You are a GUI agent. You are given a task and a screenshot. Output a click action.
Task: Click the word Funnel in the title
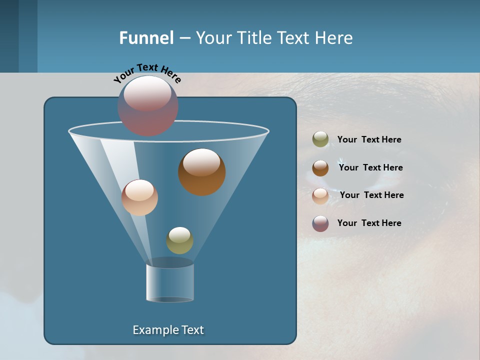tap(146, 38)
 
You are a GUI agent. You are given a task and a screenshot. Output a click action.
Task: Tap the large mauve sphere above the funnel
tap(148, 106)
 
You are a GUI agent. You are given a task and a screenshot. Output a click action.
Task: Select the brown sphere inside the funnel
tap(202, 172)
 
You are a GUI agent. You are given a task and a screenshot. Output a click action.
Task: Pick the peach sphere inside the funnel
tap(139, 197)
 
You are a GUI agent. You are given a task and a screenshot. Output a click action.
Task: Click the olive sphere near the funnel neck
tap(179, 240)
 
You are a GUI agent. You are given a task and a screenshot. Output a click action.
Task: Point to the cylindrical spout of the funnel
tap(170, 282)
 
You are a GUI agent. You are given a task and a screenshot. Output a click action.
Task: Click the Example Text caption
tap(168, 330)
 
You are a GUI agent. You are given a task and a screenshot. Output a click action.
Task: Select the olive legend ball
tap(320, 139)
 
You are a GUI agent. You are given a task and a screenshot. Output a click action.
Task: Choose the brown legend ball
tap(320, 168)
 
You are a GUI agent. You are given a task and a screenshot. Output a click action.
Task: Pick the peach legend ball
tap(320, 196)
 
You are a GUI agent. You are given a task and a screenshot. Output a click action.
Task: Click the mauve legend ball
tap(320, 223)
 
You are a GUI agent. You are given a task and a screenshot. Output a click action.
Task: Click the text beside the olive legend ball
tap(369, 140)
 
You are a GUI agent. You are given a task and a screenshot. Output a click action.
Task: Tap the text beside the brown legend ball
tap(370, 168)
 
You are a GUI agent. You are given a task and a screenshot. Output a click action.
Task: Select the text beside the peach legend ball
tap(371, 195)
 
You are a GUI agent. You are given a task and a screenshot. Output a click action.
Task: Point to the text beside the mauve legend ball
tap(369, 223)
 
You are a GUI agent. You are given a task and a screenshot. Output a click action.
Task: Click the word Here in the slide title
tap(334, 38)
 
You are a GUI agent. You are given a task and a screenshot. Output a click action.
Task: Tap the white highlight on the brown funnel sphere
tap(201, 162)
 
